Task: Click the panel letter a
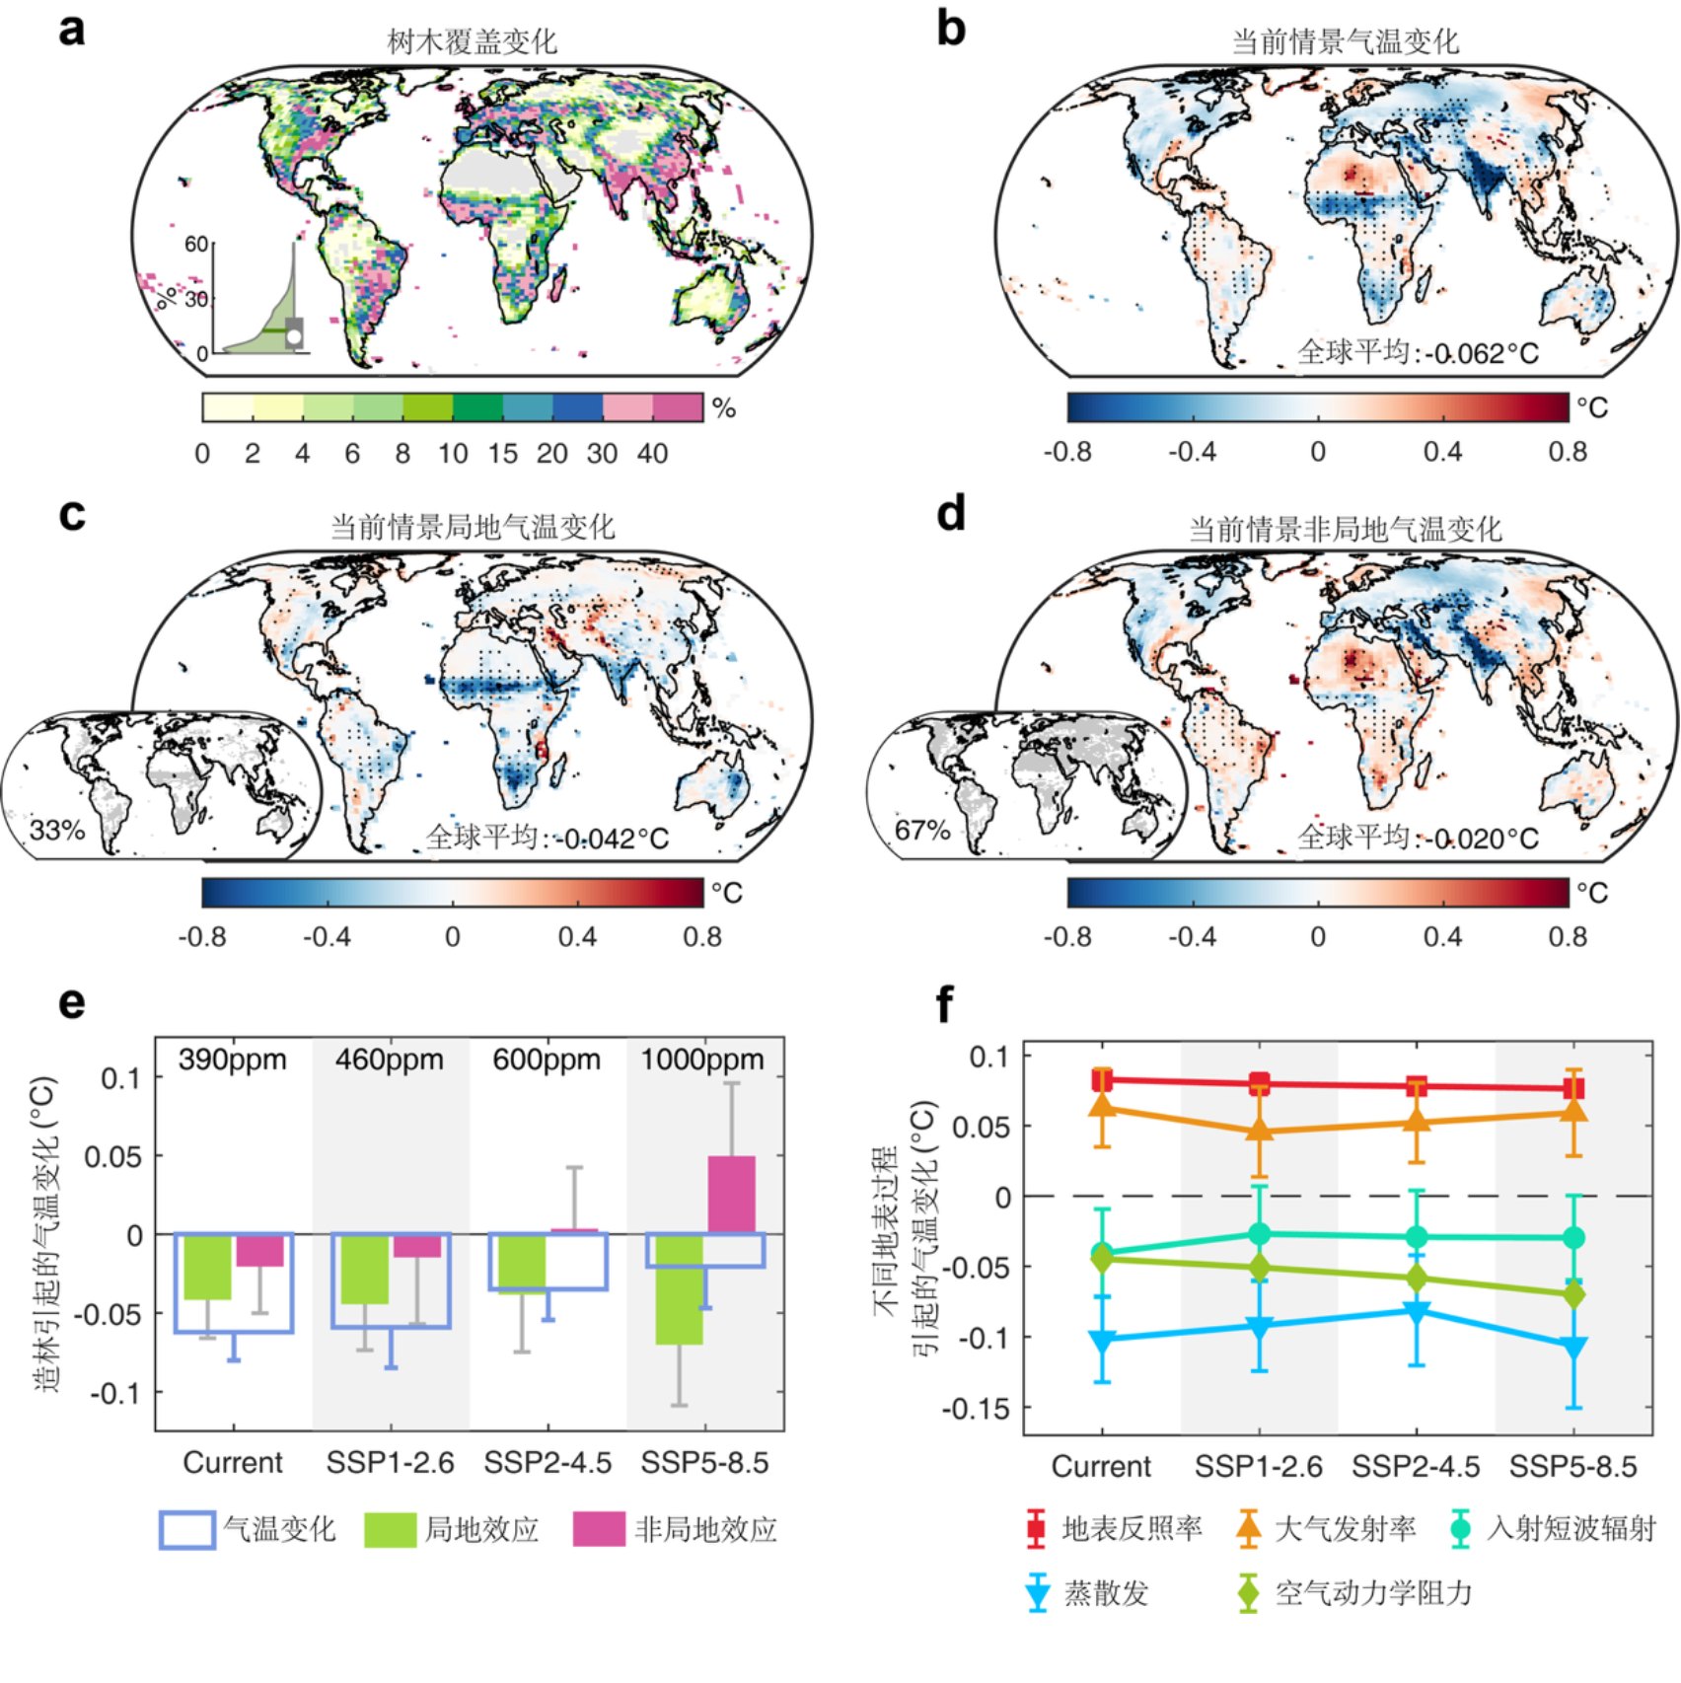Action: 72,30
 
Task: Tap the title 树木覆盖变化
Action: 472,41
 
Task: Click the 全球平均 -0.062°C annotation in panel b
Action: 1417,352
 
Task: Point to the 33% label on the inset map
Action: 57,830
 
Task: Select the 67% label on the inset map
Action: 921,830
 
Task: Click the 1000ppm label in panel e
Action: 702,1060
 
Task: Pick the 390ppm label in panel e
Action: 233,1060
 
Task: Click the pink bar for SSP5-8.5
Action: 731,1195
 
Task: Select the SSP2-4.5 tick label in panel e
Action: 548,1462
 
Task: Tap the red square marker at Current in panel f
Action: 1102,1080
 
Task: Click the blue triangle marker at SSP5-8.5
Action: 1573,1347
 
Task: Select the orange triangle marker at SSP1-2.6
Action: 1260,1131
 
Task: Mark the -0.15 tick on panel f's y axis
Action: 977,1409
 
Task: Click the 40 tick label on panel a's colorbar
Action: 652,453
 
